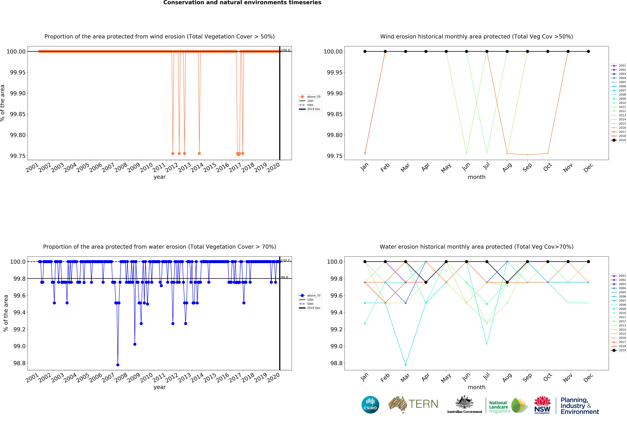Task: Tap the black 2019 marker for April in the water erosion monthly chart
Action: point(426,282)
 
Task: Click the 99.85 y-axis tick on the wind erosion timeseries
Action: point(18,114)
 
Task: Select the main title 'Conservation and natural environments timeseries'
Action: point(242,3)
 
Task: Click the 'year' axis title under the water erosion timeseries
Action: point(160,387)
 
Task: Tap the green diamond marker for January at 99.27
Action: point(365,324)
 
